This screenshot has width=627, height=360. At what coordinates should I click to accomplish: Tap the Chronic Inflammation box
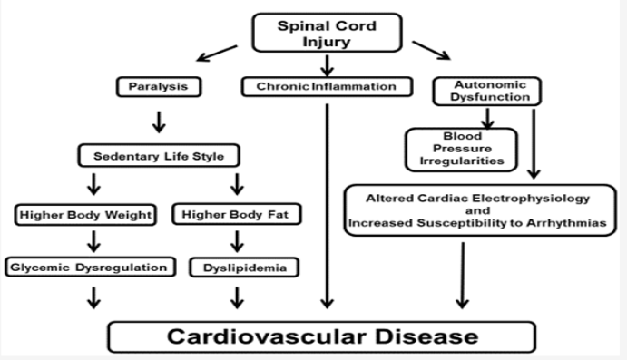click(327, 88)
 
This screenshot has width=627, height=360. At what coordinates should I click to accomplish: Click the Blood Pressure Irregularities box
click(459, 147)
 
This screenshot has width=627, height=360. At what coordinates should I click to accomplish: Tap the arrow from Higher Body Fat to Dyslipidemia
click(239, 242)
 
